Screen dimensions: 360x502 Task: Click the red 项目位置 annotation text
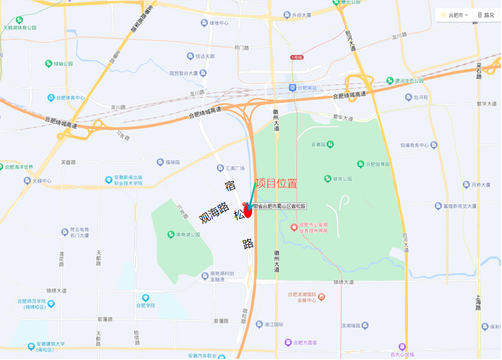click(276, 184)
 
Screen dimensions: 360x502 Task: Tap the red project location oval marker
click(248, 211)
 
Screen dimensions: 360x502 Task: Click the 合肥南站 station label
click(307, 88)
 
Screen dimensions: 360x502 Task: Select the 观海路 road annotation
click(214, 212)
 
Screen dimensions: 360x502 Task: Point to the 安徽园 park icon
click(330, 145)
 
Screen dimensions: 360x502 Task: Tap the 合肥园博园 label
click(377, 164)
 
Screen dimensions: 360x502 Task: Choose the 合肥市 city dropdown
click(455, 15)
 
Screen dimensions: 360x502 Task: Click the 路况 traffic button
click(486, 15)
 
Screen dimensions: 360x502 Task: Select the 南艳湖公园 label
click(188, 234)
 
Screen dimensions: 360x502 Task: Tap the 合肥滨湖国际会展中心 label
click(303, 297)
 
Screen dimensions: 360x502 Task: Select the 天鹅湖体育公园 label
click(23, 28)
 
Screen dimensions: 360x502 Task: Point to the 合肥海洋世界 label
click(19, 167)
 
